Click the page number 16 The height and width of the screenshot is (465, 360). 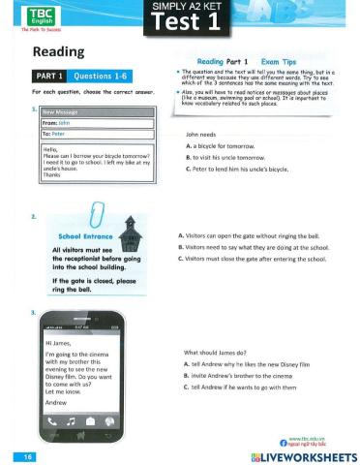pyautogui.click(x=22, y=453)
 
